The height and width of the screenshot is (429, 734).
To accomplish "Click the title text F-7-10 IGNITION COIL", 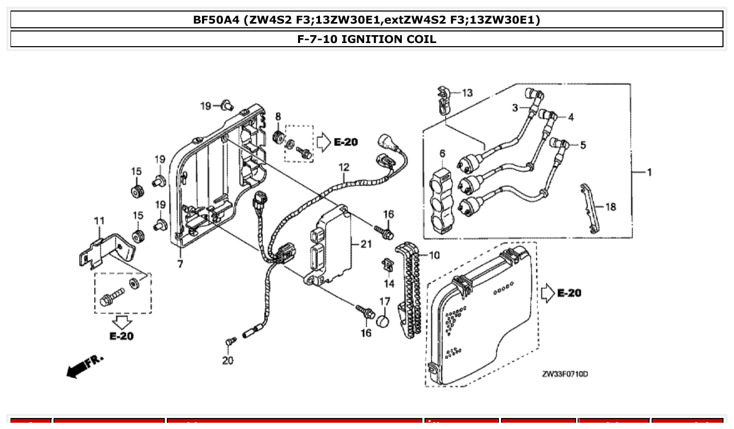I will pos(367,39).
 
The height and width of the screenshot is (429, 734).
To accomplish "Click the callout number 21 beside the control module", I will pos(366,243).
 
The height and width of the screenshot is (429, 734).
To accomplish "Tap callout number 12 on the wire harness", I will pos(344,167).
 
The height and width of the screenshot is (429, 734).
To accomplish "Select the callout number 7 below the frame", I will pos(180,264).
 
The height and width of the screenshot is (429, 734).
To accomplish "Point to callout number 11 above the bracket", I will pos(99,221).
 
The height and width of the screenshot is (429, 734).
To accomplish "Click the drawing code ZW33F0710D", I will pos(565,374).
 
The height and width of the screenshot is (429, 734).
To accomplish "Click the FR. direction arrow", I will pos(84,366).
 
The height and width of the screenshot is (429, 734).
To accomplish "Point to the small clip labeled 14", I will pos(387,265).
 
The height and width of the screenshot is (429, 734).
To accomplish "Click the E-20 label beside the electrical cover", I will pos(569,293).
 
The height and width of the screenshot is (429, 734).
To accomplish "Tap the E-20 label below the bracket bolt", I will pos(121,336).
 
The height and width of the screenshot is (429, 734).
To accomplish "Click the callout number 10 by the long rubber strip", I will pos(434,255).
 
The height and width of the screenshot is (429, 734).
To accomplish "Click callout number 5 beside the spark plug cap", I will pos(582,145).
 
